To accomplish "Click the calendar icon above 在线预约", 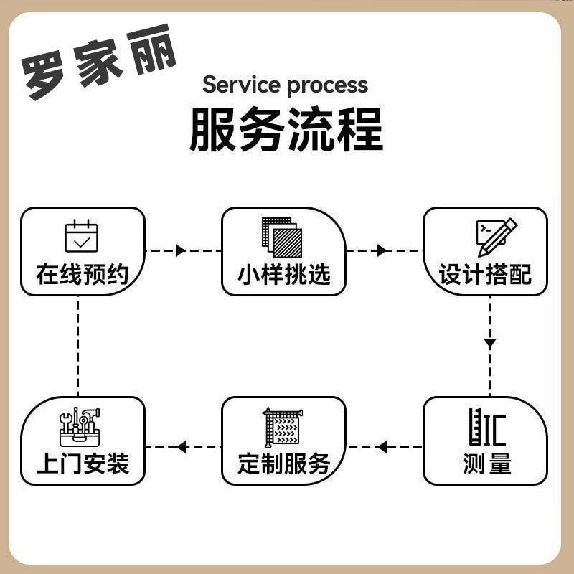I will coord(81,237).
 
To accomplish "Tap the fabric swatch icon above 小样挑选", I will coord(282,237).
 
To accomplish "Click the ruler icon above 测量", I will coord(487,428).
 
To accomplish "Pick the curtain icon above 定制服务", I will coord(282,428).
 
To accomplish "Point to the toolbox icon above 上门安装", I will coord(80,428).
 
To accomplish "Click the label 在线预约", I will coord(82,275).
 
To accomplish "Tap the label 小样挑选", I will coord(284,275).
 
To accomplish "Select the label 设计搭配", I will coord(485,275).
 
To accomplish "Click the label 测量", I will coord(486,464).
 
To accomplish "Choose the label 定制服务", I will coord(284,464).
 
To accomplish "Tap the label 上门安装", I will coord(83,464).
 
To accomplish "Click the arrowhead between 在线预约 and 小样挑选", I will coord(180,250).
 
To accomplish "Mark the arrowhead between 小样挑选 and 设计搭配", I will coord(382,250).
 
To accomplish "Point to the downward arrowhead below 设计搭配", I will coord(489,344).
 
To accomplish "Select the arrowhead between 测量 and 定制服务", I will coord(382,447).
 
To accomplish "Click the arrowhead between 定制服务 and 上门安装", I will coord(182,447).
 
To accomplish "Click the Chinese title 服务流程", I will coord(286,129).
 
